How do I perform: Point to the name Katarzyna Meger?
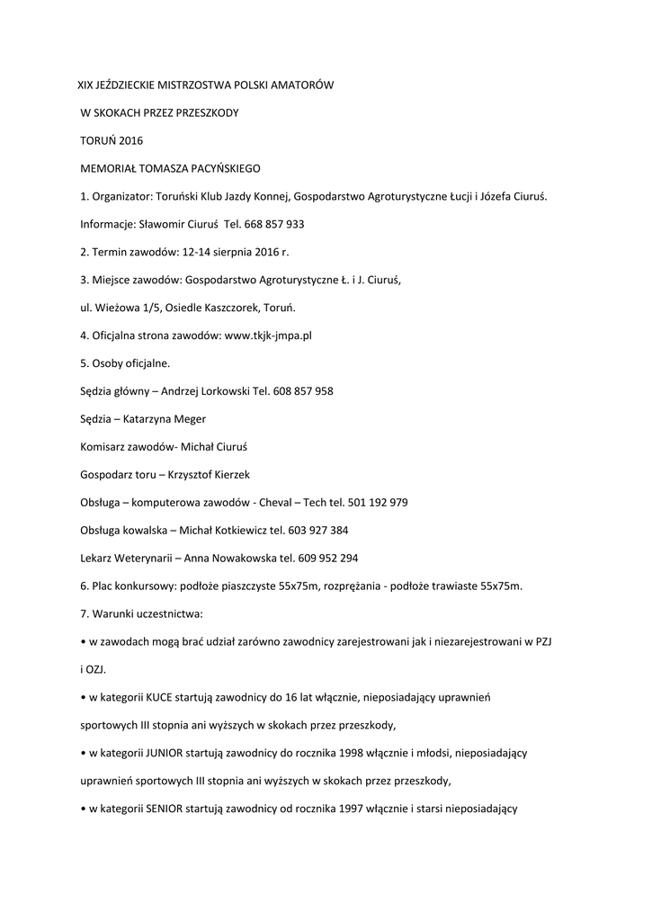(x=170, y=418)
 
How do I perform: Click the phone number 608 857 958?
(x=303, y=390)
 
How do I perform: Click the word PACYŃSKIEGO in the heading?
(x=216, y=168)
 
